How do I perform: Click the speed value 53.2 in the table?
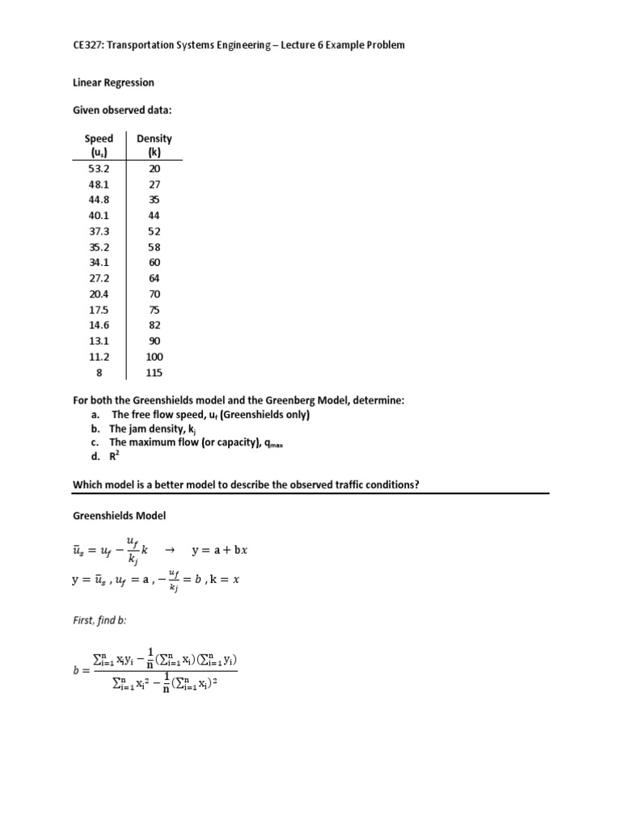click(x=99, y=168)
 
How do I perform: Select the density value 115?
click(x=154, y=373)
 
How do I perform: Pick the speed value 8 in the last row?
click(x=99, y=373)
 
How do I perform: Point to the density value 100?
click(x=154, y=357)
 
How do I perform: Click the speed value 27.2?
click(x=99, y=278)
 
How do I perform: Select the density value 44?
click(x=154, y=215)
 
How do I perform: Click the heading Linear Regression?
click(x=113, y=82)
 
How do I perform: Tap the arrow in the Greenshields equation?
click(x=170, y=551)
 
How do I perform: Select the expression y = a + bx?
click(x=219, y=551)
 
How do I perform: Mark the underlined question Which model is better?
click(x=246, y=484)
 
